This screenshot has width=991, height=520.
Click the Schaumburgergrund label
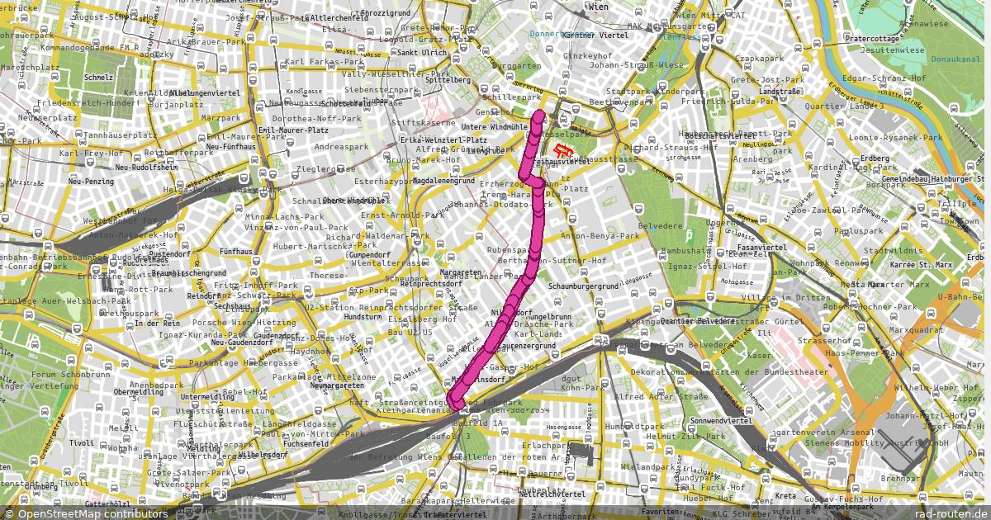click(x=583, y=286)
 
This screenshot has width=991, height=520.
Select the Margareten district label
click(x=459, y=272)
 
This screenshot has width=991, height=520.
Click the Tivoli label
click(x=81, y=443)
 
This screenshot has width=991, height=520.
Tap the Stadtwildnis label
click(x=886, y=250)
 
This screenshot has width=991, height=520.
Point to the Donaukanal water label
click(x=955, y=59)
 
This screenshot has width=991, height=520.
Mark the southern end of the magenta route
click(x=456, y=404)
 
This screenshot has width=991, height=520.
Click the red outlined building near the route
click(x=563, y=151)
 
